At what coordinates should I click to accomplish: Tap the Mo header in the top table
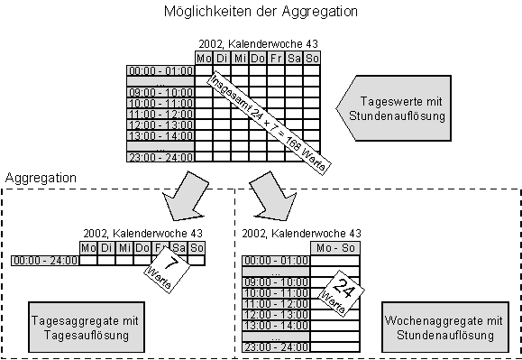pyautogui.click(x=205, y=59)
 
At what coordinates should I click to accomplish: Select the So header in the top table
pyautogui.click(x=312, y=59)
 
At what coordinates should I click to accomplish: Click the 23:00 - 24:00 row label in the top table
pyautogui.click(x=160, y=156)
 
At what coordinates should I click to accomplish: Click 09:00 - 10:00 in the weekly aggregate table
pyautogui.click(x=277, y=282)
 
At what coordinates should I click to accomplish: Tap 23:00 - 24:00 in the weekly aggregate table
pyautogui.click(x=277, y=346)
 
